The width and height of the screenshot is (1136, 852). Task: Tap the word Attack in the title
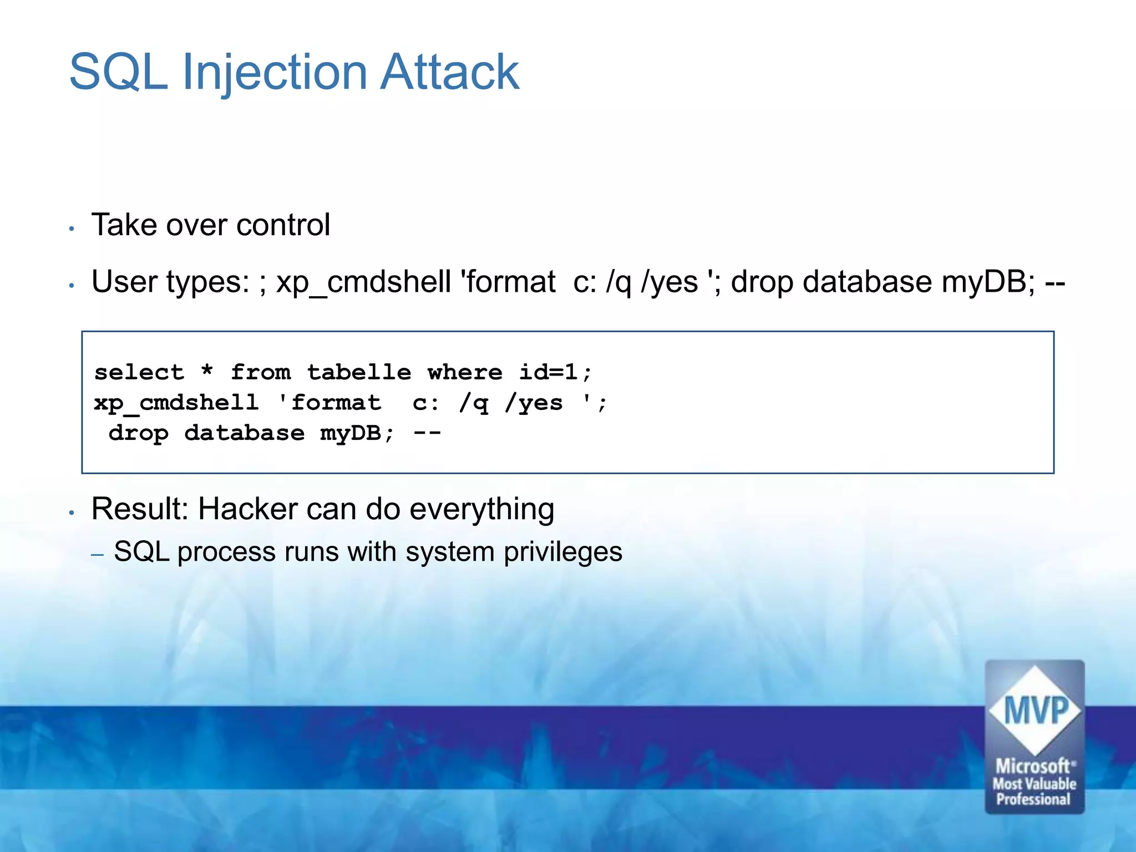pos(449,72)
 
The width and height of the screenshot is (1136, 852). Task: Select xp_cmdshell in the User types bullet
pos(363,282)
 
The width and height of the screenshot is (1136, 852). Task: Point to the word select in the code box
pos(139,372)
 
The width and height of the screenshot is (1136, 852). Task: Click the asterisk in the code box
pos(207,370)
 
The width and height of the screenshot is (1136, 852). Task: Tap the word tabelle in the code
pos(359,372)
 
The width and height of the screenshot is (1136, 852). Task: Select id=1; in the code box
pos(555,372)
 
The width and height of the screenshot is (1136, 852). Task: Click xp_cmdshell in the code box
pos(176,403)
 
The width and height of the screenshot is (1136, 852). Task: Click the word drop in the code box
pos(138,434)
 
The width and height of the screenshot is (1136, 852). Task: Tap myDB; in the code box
pos(357,434)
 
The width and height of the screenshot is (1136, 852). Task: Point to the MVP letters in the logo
pos(1035,710)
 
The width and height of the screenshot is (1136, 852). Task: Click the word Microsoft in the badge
pos(1032,766)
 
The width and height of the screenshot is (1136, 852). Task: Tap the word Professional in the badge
pos(1033,799)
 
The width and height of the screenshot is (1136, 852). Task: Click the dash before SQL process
pos(98,554)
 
